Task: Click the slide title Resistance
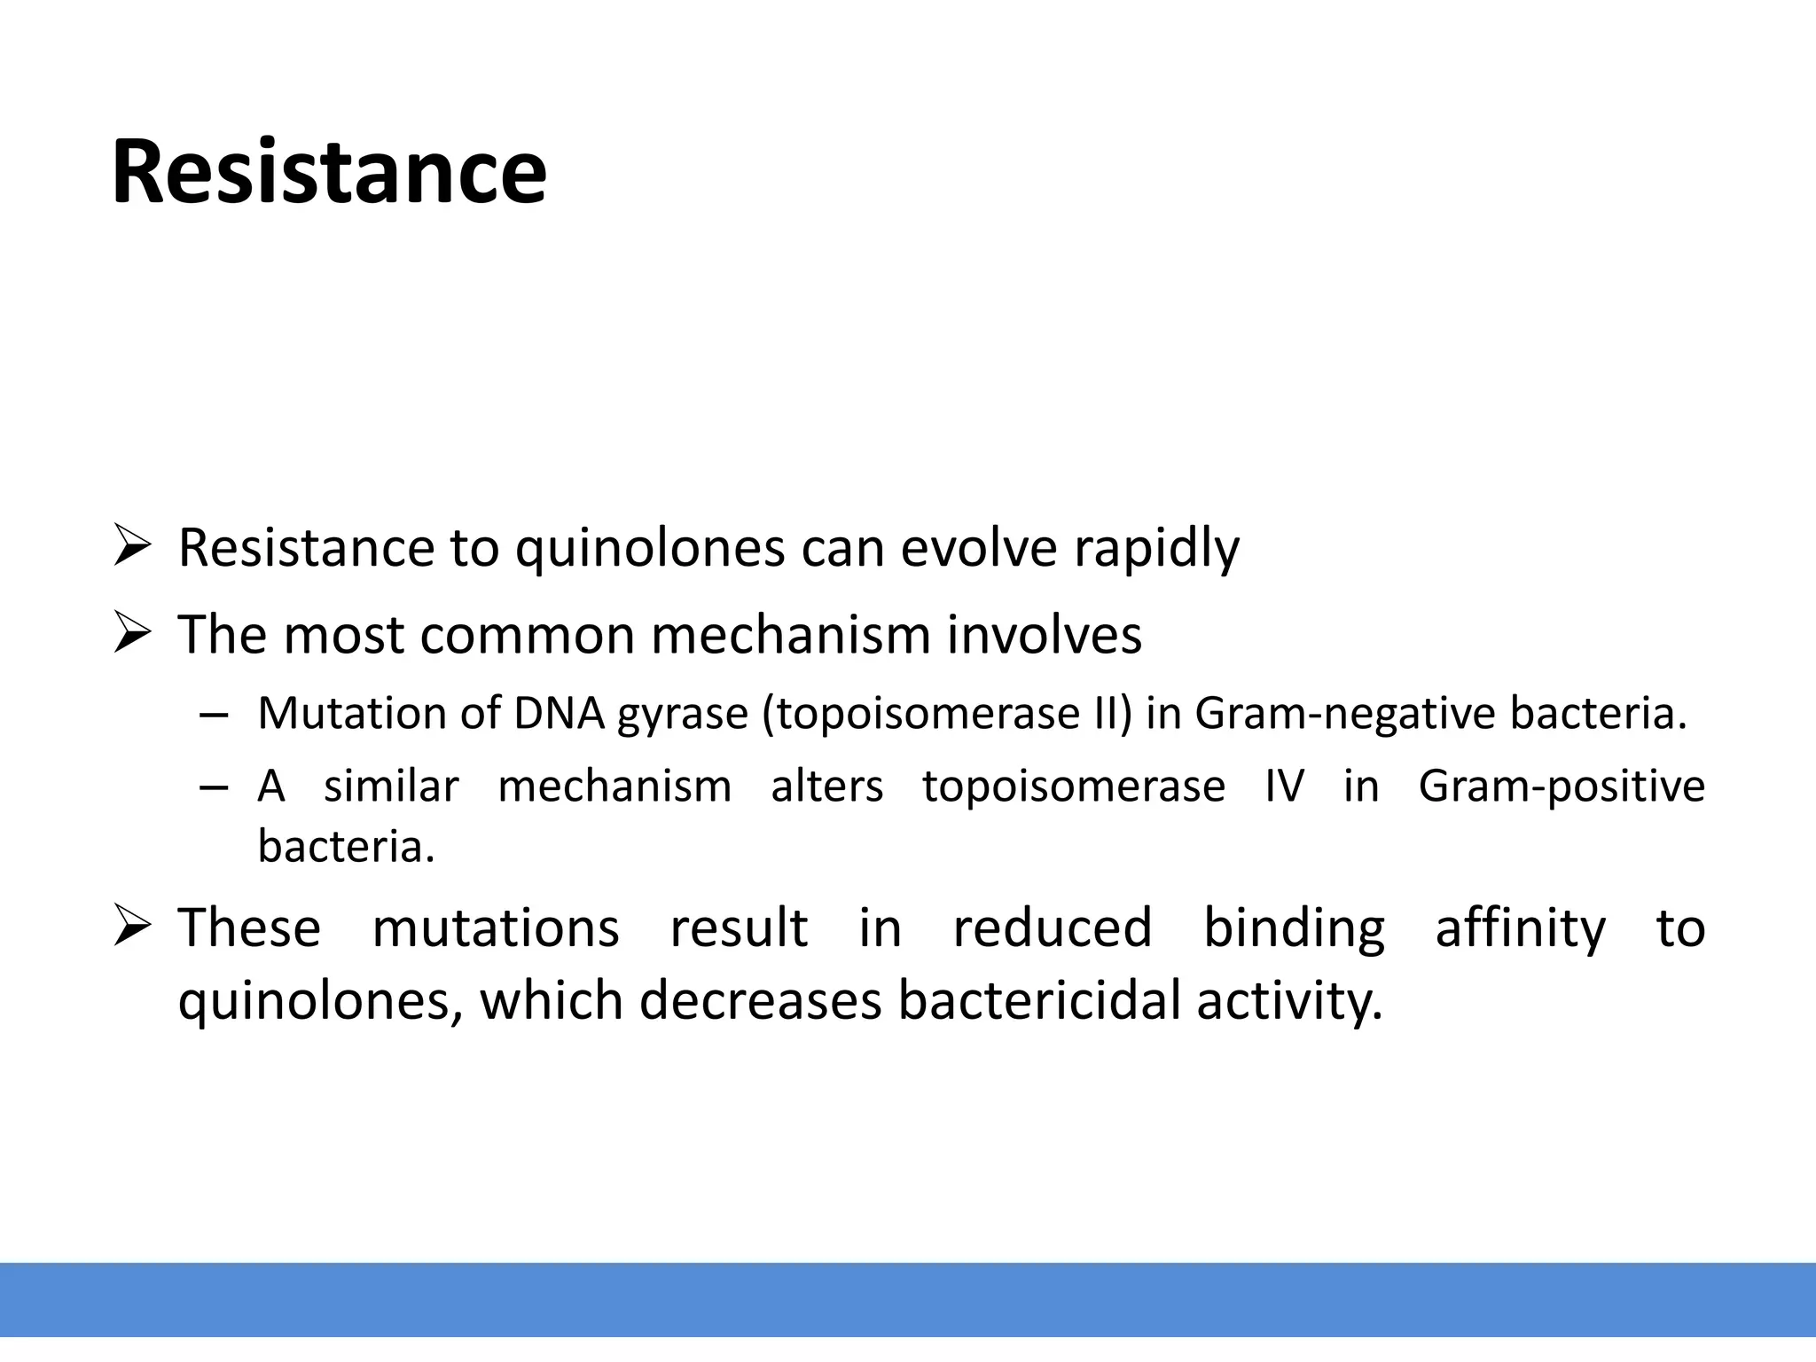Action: (329, 172)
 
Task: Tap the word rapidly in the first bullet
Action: (1156, 549)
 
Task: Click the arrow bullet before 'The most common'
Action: (133, 634)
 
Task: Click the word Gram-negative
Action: (1345, 714)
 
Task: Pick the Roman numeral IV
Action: (1284, 787)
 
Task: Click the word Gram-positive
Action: (1561, 787)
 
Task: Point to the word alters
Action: (826, 787)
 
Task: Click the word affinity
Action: (1520, 928)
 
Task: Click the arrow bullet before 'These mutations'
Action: (133, 928)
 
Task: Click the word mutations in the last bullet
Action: (495, 928)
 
